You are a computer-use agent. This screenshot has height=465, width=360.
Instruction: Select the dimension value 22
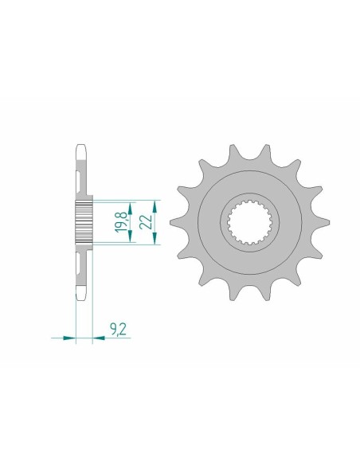147,222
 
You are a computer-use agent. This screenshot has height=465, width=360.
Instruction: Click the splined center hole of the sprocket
248,223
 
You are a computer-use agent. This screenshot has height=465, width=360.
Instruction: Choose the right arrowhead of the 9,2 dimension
100,338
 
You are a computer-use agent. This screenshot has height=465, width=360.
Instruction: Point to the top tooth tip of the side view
83,146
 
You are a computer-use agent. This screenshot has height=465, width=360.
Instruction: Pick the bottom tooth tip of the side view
83,300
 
